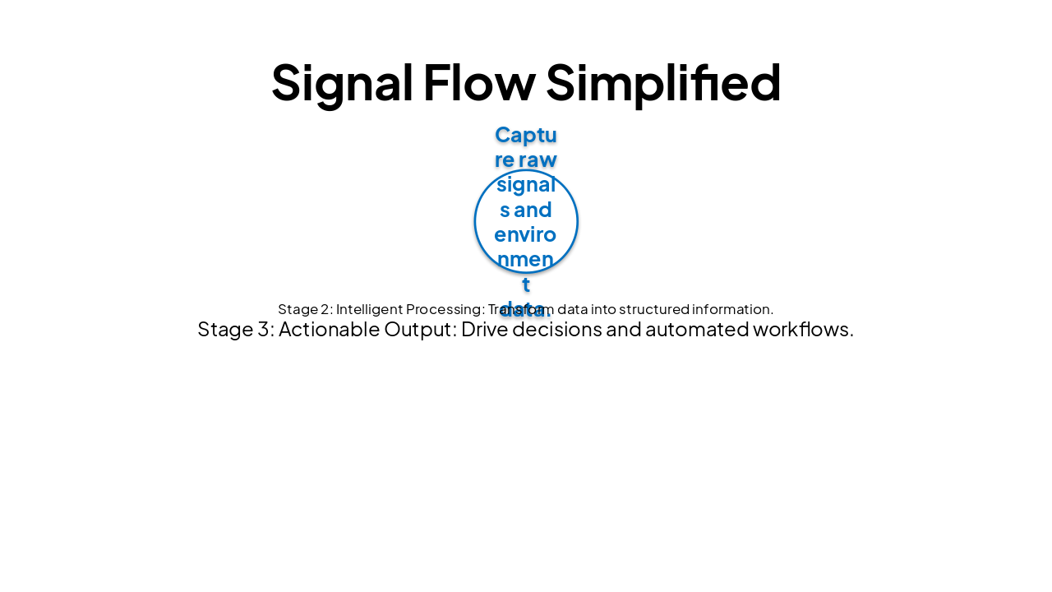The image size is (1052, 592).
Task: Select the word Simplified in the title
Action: [x=662, y=83]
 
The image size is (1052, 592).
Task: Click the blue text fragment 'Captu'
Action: [x=526, y=134]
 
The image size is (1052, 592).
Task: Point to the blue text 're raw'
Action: [x=526, y=159]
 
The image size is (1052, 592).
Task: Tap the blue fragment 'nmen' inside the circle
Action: [x=526, y=260]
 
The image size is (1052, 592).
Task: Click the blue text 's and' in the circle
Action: [x=526, y=210]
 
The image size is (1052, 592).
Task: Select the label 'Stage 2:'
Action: [x=304, y=309]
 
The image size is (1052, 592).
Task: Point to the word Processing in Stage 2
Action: [x=445, y=309]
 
